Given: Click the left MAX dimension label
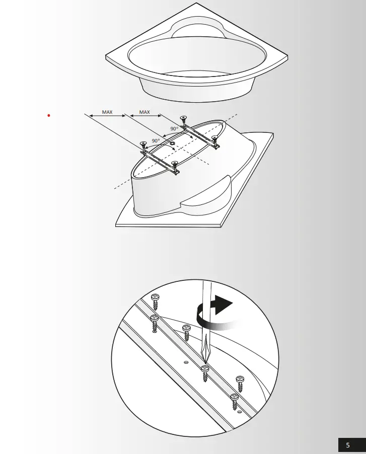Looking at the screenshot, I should (x=107, y=112).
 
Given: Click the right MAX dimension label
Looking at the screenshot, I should (x=144, y=112).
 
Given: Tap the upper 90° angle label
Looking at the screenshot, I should (x=174, y=129).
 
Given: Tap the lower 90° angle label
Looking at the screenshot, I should (x=156, y=141).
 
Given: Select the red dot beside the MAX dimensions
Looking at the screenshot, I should (x=48, y=116).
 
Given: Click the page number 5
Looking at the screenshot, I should (x=347, y=445).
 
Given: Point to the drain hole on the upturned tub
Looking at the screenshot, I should (x=173, y=143).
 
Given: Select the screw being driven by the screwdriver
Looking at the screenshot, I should (x=205, y=373).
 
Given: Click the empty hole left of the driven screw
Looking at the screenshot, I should (x=186, y=362).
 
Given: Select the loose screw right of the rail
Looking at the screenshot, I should (x=240, y=383).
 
